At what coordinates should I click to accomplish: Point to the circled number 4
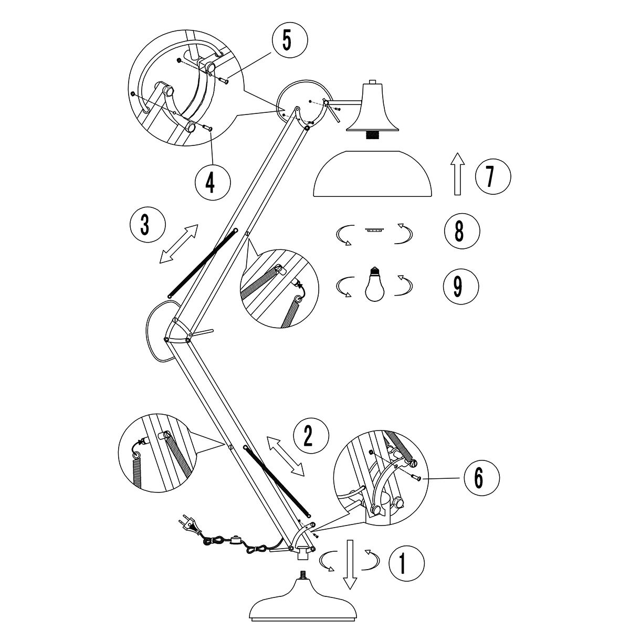click(212, 182)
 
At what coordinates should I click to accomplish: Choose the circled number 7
click(492, 176)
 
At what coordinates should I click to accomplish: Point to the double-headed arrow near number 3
click(179, 243)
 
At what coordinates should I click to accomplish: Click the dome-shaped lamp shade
click(372, 174)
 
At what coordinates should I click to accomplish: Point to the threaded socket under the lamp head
click(373, 135)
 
